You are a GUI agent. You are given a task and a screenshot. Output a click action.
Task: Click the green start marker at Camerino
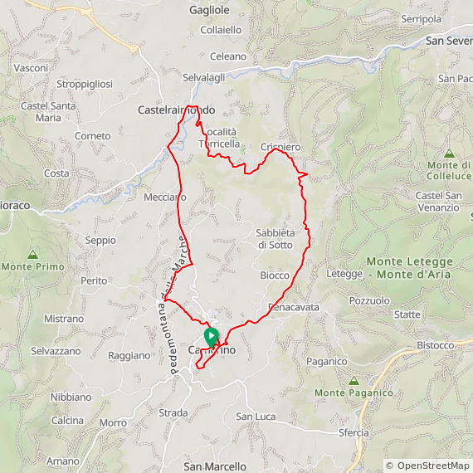point(211,337)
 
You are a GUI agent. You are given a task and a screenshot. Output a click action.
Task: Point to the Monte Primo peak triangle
point(33,255)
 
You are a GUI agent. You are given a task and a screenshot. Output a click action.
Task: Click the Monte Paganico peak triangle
point(352,380)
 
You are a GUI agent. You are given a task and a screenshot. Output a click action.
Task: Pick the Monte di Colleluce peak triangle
point(449,154)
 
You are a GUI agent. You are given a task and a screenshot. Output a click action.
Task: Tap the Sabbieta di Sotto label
point(275,238)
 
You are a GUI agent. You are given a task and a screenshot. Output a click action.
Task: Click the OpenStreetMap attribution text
point(427,466)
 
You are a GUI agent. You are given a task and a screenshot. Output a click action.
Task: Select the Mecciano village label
point(164,197)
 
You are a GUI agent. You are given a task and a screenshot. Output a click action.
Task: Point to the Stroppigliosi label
point(85,84)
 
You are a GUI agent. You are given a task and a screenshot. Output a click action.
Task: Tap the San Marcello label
point(215,466)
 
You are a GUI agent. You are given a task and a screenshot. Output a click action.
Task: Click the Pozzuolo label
point(369,300)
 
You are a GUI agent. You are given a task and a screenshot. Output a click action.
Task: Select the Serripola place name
point(421,18)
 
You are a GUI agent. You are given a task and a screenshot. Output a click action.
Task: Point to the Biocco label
point(275,276)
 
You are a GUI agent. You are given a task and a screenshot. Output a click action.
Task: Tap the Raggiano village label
point(129,355)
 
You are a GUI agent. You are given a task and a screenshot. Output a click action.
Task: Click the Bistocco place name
point(436,345)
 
